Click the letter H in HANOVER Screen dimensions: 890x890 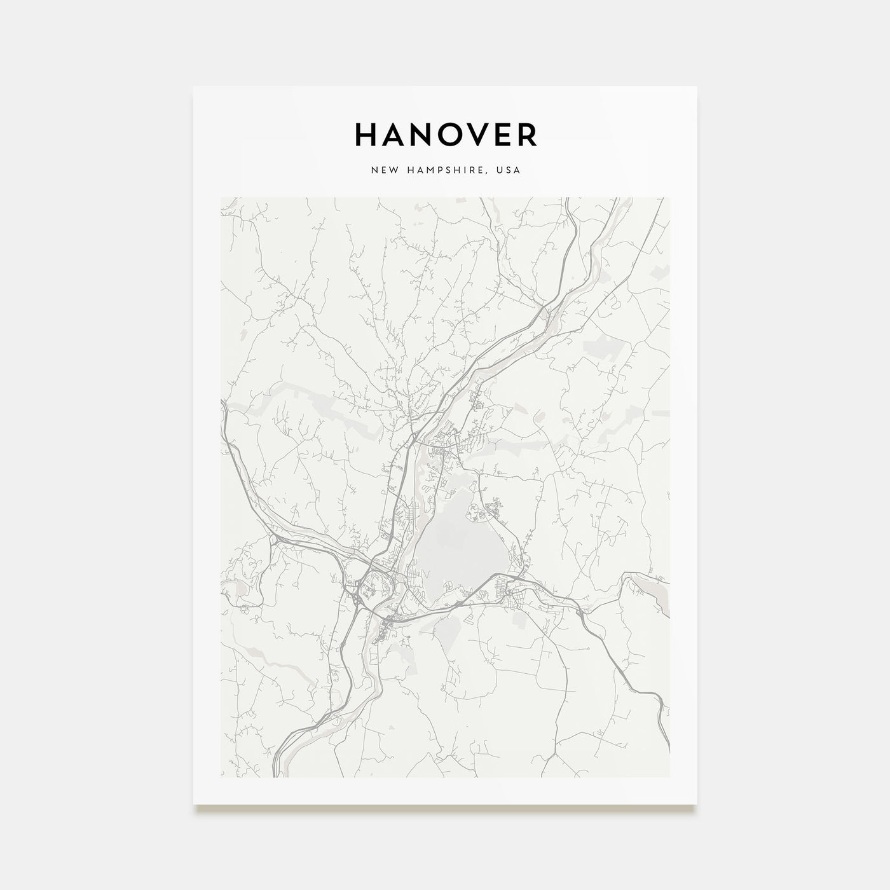coord(367,134)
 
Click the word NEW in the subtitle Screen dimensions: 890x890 coord(381,170)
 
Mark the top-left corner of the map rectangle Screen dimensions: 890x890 coord(221,197)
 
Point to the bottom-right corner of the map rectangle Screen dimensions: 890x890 coord(669,777)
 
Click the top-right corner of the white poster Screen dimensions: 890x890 coord(697,86)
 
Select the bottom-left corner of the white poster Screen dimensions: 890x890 coord(194,804)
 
